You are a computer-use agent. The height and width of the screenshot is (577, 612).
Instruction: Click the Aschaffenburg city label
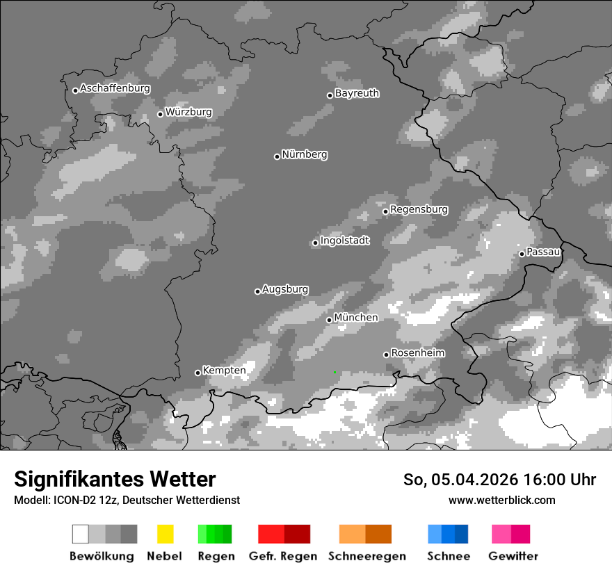coord(115,88)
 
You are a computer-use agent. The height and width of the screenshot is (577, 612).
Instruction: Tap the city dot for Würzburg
coord(160,114)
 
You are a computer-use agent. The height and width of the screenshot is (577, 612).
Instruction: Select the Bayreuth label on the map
coord(357,93)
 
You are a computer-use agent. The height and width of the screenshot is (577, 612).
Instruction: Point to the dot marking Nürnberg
coord(277,156)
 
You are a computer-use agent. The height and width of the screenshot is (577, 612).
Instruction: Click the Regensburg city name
coord(419,209)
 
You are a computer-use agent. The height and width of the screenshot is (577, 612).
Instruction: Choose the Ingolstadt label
coord(344,241)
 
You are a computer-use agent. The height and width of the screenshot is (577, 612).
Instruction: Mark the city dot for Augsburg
coord(257,291)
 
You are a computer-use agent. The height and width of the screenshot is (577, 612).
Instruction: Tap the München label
coord(356,318)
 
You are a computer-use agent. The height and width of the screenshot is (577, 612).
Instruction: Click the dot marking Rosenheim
coord(386,355)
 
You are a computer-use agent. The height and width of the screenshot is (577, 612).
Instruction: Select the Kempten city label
coord(224,371)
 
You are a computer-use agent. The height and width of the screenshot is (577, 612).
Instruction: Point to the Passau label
coord(543,252)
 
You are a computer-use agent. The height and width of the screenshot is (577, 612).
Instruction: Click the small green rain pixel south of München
coord(335,372)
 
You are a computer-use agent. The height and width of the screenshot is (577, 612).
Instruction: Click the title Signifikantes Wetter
coord(115,479)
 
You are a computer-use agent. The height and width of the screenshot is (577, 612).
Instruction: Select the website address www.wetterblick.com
coord(501,500)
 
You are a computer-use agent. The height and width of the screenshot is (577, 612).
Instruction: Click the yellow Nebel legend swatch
coord(165,534)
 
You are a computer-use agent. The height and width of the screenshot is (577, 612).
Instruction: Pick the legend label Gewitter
coord(513,556)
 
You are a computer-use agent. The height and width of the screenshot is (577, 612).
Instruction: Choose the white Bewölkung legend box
coord(81,534)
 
